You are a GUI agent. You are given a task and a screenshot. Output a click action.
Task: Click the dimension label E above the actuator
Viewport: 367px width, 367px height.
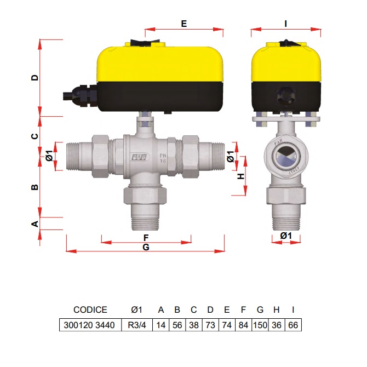point(184,24)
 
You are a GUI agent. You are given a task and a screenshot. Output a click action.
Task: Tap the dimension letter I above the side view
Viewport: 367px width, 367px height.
point(285,24)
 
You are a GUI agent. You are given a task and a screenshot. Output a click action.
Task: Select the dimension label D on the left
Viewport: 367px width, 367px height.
point(35,78)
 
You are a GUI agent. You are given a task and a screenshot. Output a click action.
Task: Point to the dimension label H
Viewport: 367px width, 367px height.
point(241,176)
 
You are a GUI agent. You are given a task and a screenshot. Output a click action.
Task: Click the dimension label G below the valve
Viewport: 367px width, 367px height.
point(146,247)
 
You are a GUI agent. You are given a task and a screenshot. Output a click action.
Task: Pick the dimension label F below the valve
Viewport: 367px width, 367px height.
point(146,238)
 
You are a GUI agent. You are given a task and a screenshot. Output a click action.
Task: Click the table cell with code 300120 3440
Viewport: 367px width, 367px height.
point(89,325)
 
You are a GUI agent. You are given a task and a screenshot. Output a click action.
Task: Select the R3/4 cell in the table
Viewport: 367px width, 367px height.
point(137,325)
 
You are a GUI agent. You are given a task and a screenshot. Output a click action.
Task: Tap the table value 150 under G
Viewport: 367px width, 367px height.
point(260,325)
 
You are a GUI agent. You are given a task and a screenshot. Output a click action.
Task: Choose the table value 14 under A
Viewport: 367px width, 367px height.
point(161,325)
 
